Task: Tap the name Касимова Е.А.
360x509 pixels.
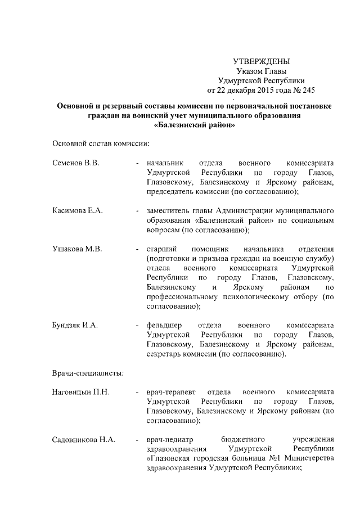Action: (x=77, y=211)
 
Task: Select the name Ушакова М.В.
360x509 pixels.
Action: (x=76, y=249)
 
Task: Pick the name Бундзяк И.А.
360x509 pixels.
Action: (x=75, y=326)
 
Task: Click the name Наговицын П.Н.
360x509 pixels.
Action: (x=80, y=391)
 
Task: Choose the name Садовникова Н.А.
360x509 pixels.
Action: (x=83, y=440)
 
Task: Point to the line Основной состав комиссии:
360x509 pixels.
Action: (x=100, y=144)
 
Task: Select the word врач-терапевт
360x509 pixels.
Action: (x=170, y=391)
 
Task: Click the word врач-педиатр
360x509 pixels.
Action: (x=169, y=440)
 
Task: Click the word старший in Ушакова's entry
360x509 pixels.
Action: (x=158, y=249)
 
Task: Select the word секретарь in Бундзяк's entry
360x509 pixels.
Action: (x=164, y=354)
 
